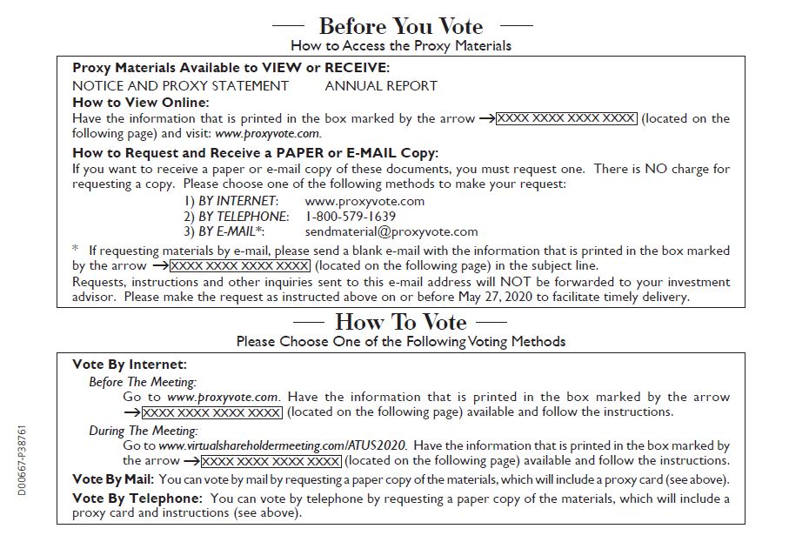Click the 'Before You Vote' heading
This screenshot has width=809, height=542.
400,25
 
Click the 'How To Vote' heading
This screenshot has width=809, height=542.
400,323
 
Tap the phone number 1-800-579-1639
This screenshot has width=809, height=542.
351,216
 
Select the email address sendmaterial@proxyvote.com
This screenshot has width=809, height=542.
391,231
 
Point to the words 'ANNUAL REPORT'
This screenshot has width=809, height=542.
381,85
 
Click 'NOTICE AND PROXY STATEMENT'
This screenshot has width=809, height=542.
180,85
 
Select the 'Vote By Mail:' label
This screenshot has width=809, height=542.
113,479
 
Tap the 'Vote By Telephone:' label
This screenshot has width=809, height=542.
137,499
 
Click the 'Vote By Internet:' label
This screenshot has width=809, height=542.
130,365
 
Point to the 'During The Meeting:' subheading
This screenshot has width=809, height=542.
144,431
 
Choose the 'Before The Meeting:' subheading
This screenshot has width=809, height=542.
143,381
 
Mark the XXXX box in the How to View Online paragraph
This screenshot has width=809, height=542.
566,118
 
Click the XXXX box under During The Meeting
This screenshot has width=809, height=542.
271,460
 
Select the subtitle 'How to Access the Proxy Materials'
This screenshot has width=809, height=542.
401,45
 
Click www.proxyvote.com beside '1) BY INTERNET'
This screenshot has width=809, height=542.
364,201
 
